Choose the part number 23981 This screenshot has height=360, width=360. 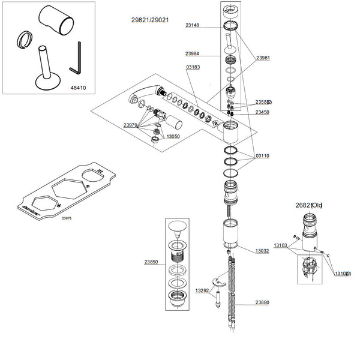[x=264, y=58]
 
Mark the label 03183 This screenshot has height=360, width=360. [x=193, y=67]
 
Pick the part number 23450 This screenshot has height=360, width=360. [x=262, y=112]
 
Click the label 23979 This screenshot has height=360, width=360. [x=131, y=125]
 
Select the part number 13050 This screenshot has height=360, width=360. [x=173, y=137]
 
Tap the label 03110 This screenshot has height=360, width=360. [x=262, y=156]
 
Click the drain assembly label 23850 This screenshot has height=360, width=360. [x=151, y=262]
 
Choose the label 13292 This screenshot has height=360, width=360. [x=202, y=290]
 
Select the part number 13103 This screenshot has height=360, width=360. [x=281, y=245]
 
